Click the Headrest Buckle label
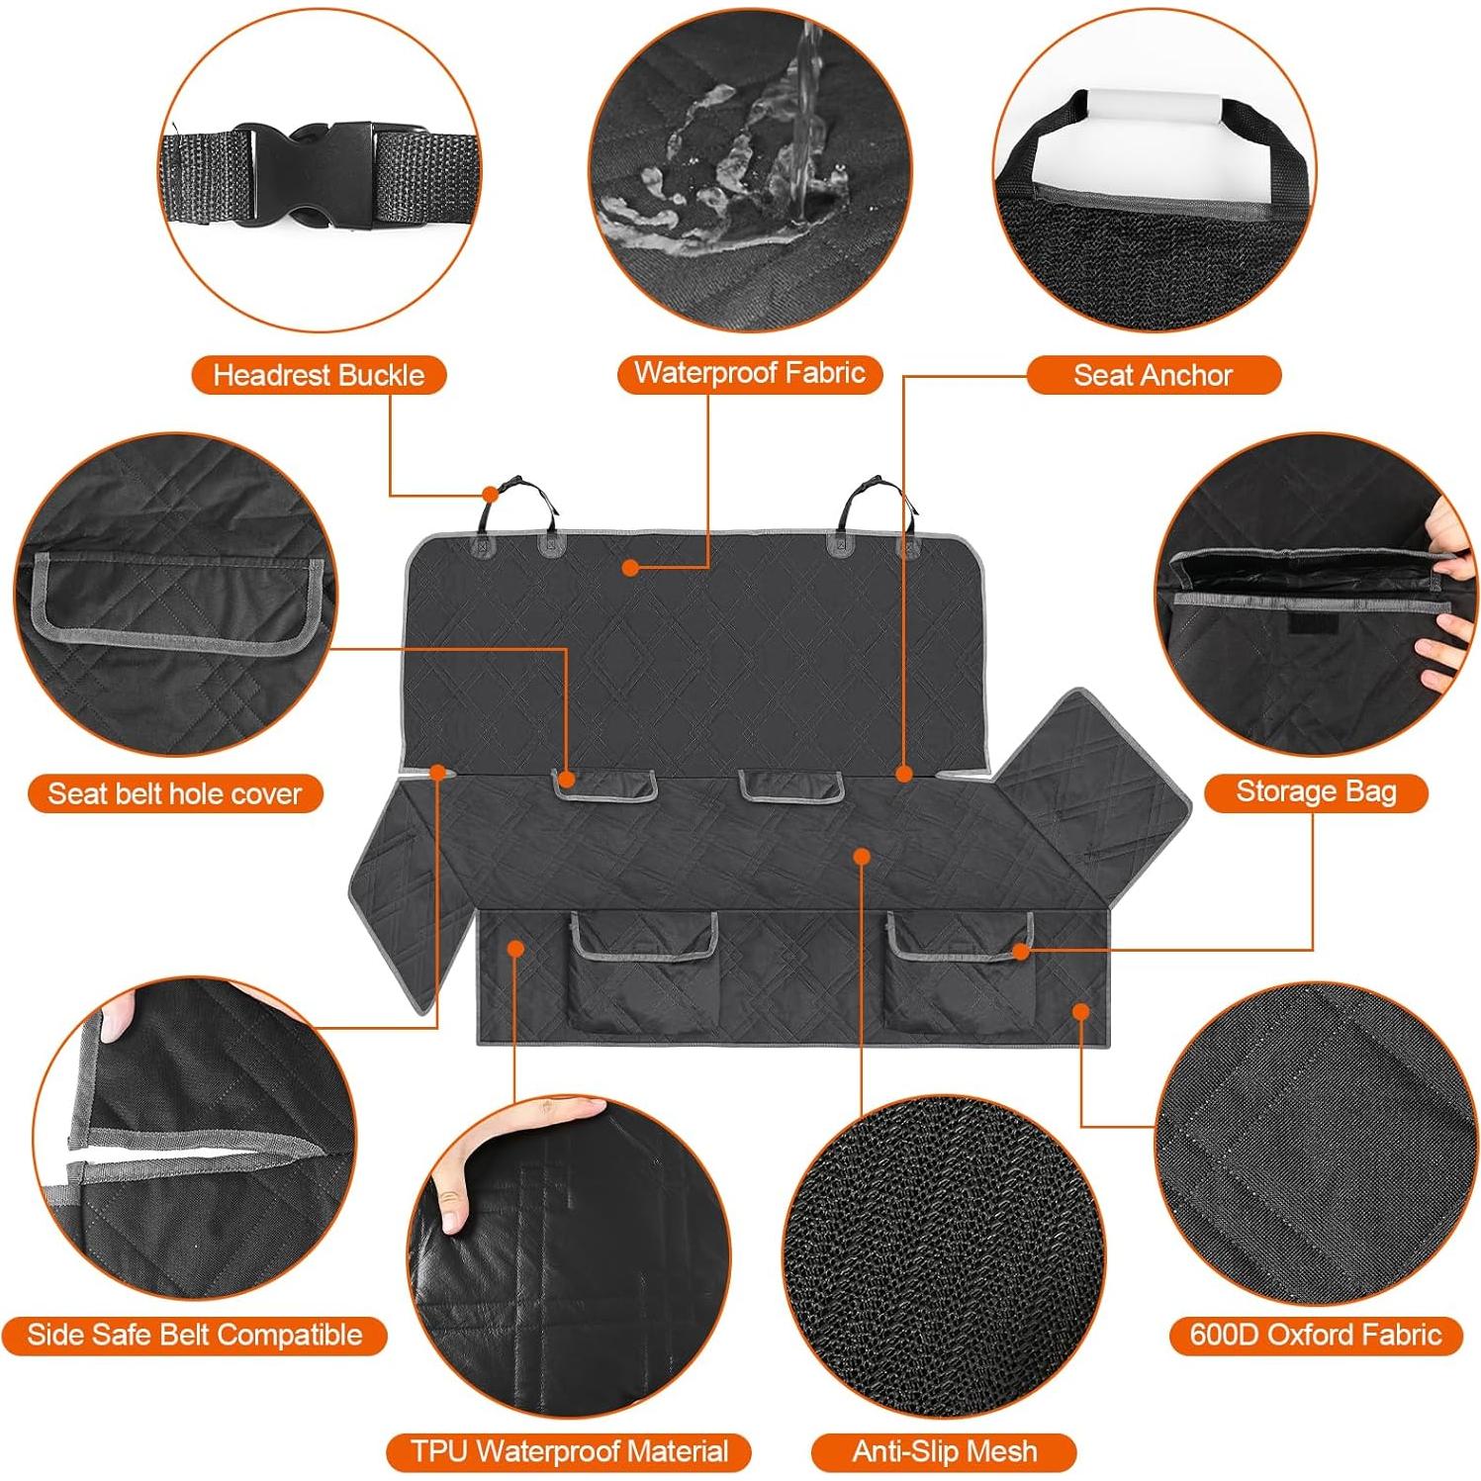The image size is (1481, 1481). coord(319,375)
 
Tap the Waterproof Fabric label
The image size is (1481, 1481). coord(749,373)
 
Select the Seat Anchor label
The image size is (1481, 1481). coord(1153,375)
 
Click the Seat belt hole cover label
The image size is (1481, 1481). coord(175,793)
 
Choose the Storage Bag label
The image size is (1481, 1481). coord(1315,791)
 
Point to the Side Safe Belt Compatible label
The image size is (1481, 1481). coord(194,1335)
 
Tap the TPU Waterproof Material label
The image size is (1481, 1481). coord(569,1451)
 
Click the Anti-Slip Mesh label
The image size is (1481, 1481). coord(944,1451)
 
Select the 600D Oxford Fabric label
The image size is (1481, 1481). coord(1315,1335)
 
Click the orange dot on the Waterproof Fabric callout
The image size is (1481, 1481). coord(628,567)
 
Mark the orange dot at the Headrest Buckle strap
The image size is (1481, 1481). coord(490,494)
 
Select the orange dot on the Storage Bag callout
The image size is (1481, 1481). coord(1020,951)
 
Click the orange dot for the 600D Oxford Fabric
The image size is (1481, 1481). coord(1080,1011)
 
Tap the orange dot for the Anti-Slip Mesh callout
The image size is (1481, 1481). coord(862,855)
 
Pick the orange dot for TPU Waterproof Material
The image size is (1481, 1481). coord(514,948)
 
